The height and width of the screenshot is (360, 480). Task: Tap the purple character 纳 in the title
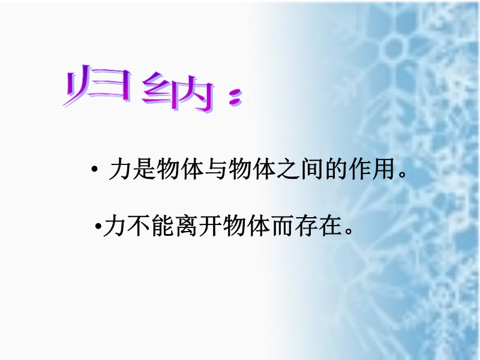[178, 92]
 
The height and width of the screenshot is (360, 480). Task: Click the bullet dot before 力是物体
[94, 169]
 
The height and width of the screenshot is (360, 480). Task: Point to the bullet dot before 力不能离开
[98, 227]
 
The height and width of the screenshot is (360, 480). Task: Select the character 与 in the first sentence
[216, 169]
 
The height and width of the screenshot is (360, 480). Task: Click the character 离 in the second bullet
[187, 226]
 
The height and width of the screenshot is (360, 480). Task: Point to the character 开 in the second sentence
[211, 226]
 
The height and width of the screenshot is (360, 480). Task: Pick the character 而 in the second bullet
[282, 226]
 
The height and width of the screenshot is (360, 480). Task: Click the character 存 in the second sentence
[306, 226]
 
